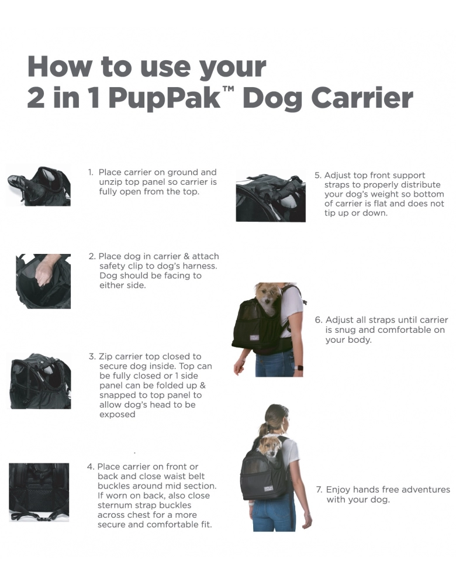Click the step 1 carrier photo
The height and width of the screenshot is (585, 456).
(39, 185)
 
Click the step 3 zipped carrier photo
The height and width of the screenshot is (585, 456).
(40, 381)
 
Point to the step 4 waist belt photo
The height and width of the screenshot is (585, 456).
(39, 492)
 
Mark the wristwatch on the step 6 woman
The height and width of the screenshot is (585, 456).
(298, 367)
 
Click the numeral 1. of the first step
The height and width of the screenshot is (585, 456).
(91, 173)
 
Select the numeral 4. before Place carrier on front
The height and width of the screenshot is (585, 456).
(91, 467)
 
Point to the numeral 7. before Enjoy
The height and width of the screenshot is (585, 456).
(319, 490)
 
